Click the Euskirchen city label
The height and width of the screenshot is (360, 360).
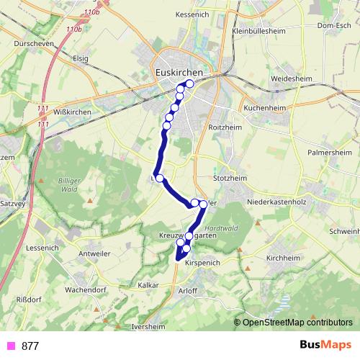(x=180, y=73)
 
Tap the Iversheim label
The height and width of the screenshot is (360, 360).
(x=149, y=325)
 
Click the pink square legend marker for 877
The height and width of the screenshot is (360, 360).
(x=10, y=346)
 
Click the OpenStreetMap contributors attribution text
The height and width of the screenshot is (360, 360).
(x=297, y=323)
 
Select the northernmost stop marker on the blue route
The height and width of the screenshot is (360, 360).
(x=189, y=84)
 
